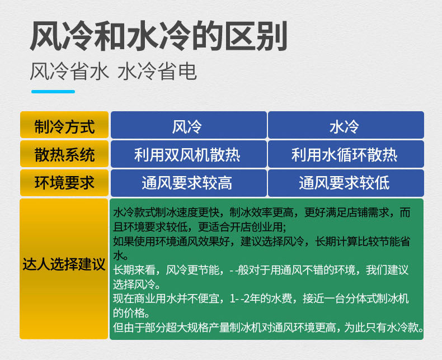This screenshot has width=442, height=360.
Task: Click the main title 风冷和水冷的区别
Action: point(158,36)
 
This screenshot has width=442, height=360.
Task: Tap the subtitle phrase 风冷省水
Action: point(69,71)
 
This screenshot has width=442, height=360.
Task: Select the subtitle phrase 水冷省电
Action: point(157,71)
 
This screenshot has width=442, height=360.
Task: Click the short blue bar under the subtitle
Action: point(53,92)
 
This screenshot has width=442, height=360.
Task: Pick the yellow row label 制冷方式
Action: point(64,126)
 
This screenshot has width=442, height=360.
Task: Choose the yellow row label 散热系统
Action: point(64,155)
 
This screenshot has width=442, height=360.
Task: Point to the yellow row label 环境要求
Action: point(64,183)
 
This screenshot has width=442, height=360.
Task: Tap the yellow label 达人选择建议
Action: point(64,264)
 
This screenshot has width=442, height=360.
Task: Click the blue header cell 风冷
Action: point(187,127)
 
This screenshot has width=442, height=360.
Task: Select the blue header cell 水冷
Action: point(344,127)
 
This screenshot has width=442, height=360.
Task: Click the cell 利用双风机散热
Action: point(187,155)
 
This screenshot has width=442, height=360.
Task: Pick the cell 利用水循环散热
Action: point(344,155)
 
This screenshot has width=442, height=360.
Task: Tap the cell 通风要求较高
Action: point(187,183)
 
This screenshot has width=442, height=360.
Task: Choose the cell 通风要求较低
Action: point(344,183)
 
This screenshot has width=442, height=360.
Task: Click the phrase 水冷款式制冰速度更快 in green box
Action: point(166,212)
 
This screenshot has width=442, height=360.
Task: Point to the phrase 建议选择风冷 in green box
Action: point(272,241)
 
